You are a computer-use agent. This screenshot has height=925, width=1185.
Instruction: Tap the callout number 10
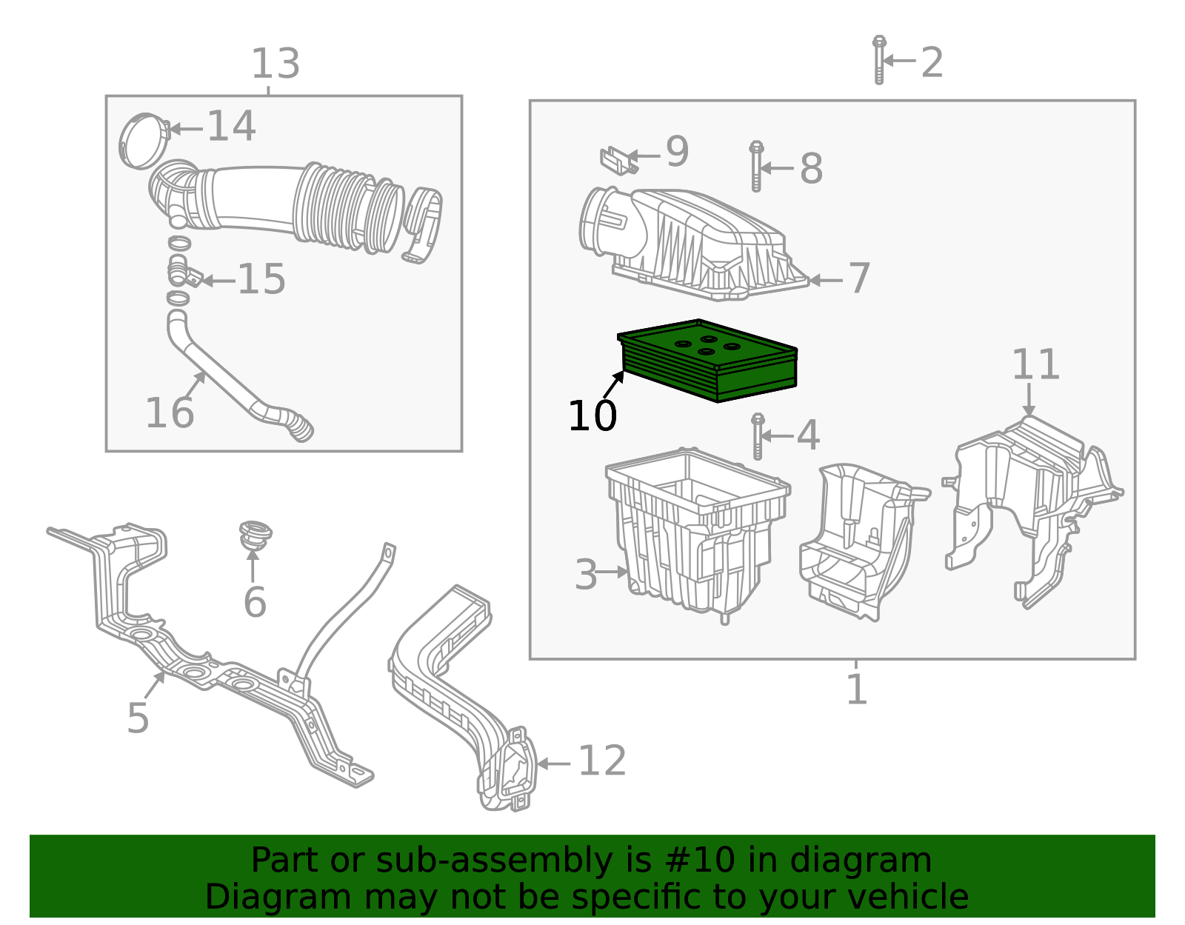click(592, 416)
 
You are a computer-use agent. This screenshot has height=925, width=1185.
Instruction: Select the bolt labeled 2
click(879, 60)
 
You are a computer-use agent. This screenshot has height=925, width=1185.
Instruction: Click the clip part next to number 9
click(617, 159)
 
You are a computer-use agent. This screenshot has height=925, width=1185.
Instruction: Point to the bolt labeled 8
click(756, 167)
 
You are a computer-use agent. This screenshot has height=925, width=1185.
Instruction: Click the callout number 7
click(858, 279)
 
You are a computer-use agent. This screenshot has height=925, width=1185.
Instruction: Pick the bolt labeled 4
click(757, 436)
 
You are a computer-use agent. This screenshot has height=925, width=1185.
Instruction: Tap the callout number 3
click(586, 575)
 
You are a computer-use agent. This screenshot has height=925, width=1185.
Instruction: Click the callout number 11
click(1035, 365)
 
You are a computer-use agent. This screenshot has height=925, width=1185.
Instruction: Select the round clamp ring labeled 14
click(143, 141)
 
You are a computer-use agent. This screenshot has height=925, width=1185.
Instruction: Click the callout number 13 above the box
click(276, 64)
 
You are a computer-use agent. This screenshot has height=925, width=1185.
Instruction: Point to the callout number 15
click(261, 280)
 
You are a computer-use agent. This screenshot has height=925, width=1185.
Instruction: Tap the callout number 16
click(169, 413)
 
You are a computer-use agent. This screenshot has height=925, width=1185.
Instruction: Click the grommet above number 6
click(254, 534)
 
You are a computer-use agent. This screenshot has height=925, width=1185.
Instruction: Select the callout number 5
click(138, 718)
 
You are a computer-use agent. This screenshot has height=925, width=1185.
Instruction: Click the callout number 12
click(601, 762)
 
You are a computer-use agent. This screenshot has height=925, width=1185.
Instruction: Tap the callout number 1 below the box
click(856, 690)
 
